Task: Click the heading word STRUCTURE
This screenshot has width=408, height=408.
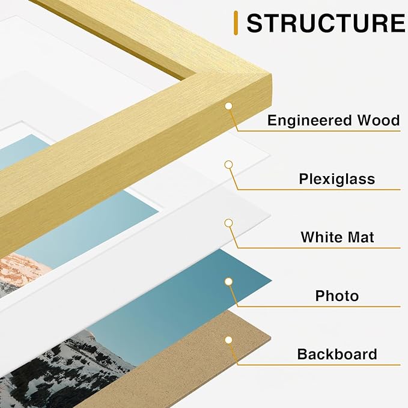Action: point(326,23)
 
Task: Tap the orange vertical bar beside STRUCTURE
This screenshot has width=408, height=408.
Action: point(237,23)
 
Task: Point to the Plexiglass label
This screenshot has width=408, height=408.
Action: point(336,178)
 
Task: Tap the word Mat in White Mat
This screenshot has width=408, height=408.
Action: point(360,237)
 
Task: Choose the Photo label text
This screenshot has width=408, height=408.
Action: point(336,296)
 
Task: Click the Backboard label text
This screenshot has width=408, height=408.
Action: point(337,354)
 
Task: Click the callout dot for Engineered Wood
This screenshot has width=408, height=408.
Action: point(228,106)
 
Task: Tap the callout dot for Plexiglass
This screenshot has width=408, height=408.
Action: point(228,164)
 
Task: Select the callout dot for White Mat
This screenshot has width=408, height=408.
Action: point(228,223)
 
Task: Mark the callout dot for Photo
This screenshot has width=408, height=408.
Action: point(228,281)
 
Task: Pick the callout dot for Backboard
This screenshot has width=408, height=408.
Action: point(228,339)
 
